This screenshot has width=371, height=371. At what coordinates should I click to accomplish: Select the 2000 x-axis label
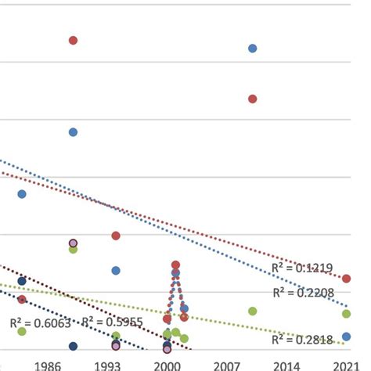(x=167, y=365)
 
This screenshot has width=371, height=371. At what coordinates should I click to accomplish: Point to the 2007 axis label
(x=227, y=365)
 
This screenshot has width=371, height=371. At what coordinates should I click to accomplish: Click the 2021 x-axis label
(x=345, y=365)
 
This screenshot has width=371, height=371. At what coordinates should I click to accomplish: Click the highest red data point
(x=73, y=40)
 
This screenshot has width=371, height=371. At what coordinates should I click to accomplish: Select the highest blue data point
(x=253, y=49)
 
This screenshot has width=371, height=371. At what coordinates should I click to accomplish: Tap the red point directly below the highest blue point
(x=253, y=99)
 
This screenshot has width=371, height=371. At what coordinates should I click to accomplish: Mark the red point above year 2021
(x=346, y=279)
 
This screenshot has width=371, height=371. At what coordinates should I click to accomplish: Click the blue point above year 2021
(x=346, y=337)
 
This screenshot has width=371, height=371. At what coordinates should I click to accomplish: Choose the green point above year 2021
(x=346, y=314)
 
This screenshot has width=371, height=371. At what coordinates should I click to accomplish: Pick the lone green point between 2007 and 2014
(x=253, y=311)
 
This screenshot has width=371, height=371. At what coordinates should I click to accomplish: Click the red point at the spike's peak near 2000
(x=175, y=265)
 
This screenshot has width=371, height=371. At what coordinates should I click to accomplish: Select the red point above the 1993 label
(x=116, y=236)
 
